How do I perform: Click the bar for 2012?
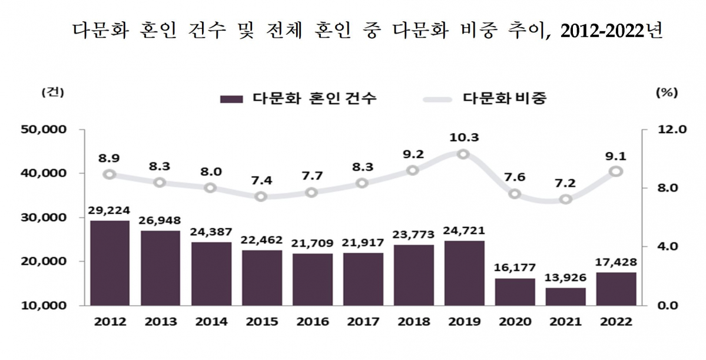click(x=110, y=263)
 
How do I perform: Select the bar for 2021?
click(x=565, y=296)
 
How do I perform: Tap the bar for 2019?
click(x=464, y=273)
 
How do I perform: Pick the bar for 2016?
click(x=312, y=279)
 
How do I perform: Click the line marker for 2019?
click(x=463, y=154)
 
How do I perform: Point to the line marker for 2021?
click(x=565, y=199)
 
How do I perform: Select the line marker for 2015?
click(x=261, y=196)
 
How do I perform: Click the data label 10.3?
click(x=463, y=137)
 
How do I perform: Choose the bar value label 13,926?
click(x=565, y=278)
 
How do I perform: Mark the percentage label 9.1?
click(x=616, y=157)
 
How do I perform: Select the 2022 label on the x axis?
click(x=616, y=322)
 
